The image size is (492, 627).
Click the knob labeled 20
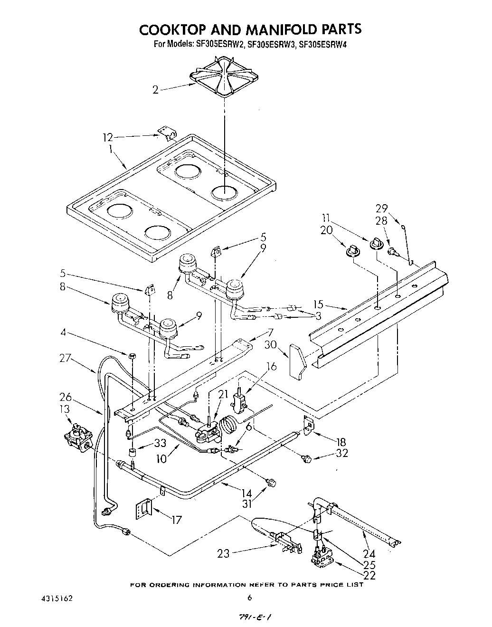pyautogui.click(x=352, y=249)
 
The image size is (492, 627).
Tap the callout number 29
pyautogui.click(x=382, y=208)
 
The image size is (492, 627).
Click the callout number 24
pyautogui.click(x=369, y=553)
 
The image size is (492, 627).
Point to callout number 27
pyautogui.click(x=66, y=359)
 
